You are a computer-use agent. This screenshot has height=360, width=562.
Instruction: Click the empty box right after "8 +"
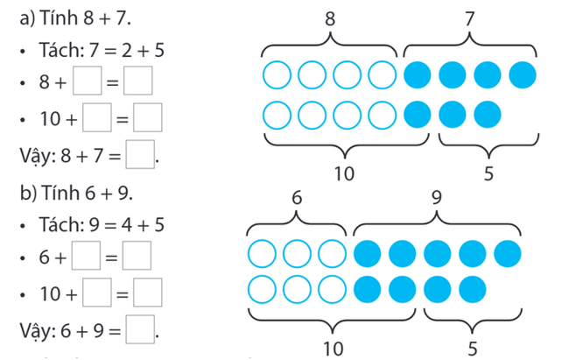[x=87, y=81]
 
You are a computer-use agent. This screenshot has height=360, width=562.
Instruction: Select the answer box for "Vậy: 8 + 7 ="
[x=140, y=154]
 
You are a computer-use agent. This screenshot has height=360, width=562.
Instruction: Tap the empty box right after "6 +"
[x=86, y=255]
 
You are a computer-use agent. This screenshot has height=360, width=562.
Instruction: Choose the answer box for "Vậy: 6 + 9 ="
[x=140, y=329]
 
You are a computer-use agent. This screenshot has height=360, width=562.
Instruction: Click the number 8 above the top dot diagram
[x=330, y=18]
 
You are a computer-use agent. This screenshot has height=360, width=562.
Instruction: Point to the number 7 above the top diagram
[x=469, y=18]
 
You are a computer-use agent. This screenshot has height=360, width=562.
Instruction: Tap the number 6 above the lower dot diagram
[x=297, y=197]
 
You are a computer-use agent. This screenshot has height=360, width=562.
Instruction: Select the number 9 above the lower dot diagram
[x=437, y=197]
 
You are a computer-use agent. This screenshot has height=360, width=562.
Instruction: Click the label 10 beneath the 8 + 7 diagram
[x=344, y=173]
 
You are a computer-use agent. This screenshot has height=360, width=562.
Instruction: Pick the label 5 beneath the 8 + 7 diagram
[x=488, y=173]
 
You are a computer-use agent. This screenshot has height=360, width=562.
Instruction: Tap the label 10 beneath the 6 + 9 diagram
[x=334, y=349]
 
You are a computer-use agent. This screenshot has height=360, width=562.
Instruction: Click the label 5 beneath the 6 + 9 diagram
[x=473, y=349]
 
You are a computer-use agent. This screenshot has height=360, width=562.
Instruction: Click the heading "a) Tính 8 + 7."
[x=75, y=18]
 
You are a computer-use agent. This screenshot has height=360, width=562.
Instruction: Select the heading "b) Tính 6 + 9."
[x=76, y=193]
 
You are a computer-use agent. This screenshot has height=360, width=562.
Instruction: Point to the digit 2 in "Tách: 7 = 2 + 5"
[x=127, y=50]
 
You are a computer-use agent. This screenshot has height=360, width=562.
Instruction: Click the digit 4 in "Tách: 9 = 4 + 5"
[x=127, y=225]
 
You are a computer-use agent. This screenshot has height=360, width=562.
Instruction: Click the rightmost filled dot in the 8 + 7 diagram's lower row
[x=487, y=115]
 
